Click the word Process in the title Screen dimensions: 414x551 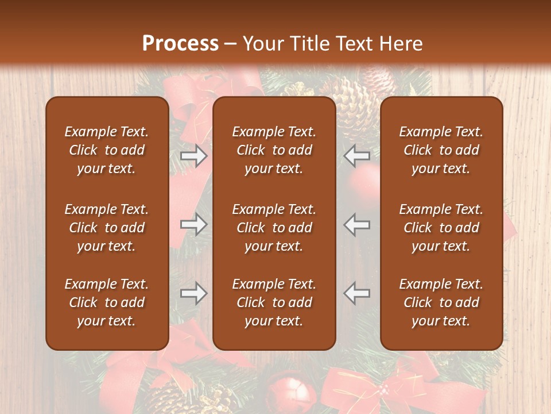(180, 44)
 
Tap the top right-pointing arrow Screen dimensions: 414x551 (194, 156)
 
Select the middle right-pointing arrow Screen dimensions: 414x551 (194, 224)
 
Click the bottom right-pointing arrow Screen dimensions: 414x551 (194, 293)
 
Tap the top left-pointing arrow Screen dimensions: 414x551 (357, 156)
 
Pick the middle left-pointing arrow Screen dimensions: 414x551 (357, 224)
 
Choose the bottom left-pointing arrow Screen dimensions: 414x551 (357, 293)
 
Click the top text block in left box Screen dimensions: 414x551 (107, 150)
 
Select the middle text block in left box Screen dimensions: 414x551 (107, 228)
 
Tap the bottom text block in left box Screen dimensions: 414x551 (107, 302)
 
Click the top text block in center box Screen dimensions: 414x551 (274, 150)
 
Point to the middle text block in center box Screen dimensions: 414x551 (274, 228)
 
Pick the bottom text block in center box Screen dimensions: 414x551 (274, 302)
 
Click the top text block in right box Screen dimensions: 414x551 (441, 150)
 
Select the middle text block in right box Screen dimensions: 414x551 (441, 228)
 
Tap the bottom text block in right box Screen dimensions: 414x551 (441, 302)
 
